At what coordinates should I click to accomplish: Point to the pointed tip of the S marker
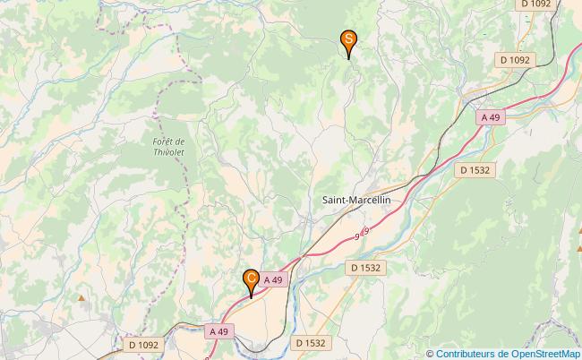[348, 59]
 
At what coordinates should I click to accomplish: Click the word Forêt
[168, 141]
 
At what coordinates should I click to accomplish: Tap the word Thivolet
[167, 153]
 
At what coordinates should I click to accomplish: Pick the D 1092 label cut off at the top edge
[536, 4]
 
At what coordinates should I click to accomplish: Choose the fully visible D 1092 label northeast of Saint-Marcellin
[516, 59]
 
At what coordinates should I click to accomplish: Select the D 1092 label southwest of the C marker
[143, 344]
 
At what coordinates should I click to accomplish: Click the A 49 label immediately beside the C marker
[274, 280]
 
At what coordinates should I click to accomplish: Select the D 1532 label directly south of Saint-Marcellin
[365, 267]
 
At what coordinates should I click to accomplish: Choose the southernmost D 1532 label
[310, 342]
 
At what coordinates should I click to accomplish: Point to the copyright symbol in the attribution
[430, 353]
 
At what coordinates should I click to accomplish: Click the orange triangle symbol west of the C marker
[81, 297]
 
